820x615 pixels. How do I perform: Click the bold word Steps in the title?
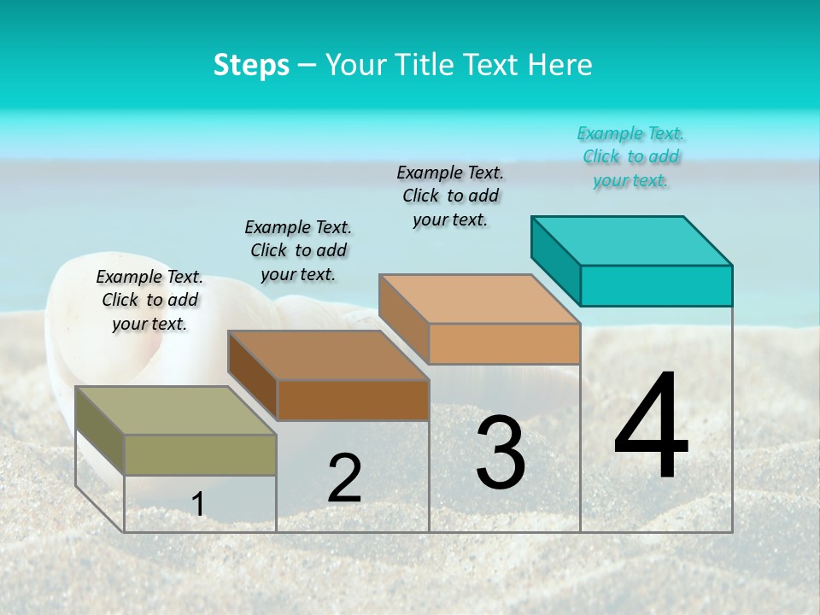tap(251, 65)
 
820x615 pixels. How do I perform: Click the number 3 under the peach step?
tap(501, 453)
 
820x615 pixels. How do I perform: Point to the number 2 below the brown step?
tap(344, 478)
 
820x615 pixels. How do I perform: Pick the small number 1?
tap(197, 504)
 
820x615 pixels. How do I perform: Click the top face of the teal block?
tap(632, 240)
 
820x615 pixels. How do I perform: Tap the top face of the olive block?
tap(176, 410)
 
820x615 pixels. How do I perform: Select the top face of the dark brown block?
tap(328, 354)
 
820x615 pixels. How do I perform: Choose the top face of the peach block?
tap(480, 299)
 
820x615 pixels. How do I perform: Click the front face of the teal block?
tap(656, 285)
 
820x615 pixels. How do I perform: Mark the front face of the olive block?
tap(200, 454)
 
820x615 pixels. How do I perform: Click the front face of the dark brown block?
tap(353, 400)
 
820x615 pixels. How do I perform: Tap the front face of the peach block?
tap(504, 343)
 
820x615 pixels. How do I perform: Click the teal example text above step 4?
tap(630, 156)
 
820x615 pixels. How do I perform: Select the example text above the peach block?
tap(450, 196)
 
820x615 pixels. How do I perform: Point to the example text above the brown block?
tap(298, 250)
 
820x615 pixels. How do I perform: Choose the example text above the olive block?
tap(149, 300)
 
